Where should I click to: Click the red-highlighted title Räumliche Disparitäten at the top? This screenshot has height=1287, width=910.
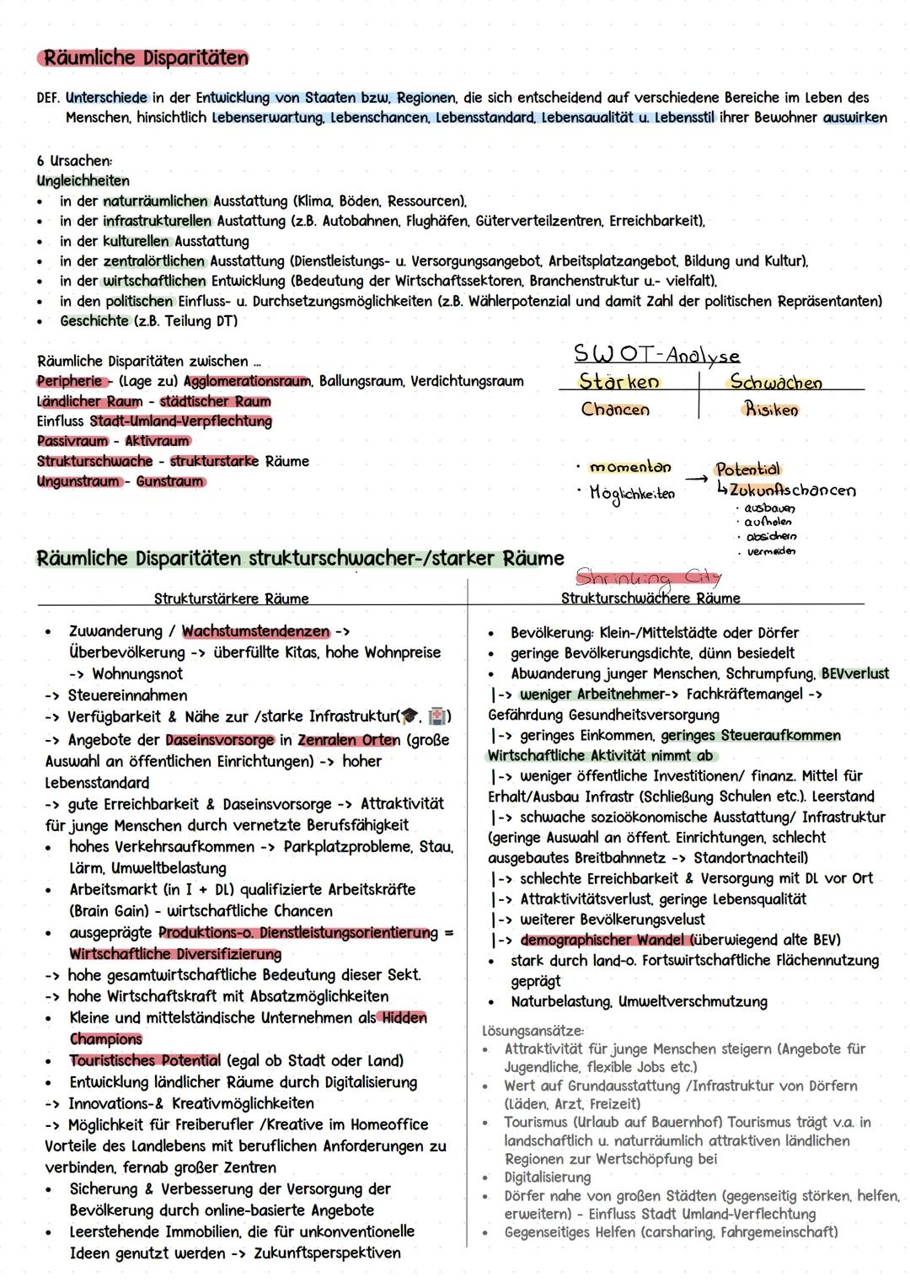click(x=145, y=58)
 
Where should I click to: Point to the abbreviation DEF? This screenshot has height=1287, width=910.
click(x=49, y=98)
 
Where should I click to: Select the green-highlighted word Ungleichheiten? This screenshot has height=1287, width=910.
click(x=83, y=180)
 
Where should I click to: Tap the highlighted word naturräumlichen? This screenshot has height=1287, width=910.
click(x=156, y=201)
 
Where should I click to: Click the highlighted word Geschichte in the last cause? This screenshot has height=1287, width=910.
click(x=94, y=321)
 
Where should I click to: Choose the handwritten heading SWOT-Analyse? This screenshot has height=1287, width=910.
click(x=656, y=354)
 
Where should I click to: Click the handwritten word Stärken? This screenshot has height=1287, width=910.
click(x=618, y=382)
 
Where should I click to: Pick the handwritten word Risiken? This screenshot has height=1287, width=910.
click(x=770, y=410)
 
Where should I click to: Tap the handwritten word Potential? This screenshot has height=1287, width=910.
click(x=747, y=469)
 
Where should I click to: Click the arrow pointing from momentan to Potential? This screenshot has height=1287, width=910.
click(x=693, y=479)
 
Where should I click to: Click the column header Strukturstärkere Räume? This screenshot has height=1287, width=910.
click(x=231, y=598)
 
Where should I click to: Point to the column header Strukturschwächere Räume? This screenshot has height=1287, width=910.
click(x=650, y=598)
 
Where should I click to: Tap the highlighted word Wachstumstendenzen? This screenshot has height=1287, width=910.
click(x=255, y=631)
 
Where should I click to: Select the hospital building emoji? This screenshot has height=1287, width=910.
click(x=437, y=716)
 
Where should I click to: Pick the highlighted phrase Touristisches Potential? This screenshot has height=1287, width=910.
click(x=145, y=1060)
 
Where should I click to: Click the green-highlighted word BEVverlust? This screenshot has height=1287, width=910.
click(x=854, y=673)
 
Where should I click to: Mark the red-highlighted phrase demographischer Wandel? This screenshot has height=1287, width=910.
click(x=605, y=940)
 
